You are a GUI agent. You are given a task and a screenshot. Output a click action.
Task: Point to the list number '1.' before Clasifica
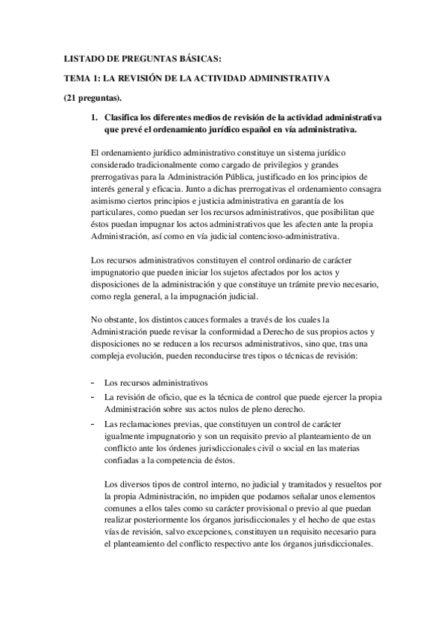94,118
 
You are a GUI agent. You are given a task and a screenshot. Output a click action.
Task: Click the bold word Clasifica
125,118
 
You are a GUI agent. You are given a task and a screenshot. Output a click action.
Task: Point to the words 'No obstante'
107,319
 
